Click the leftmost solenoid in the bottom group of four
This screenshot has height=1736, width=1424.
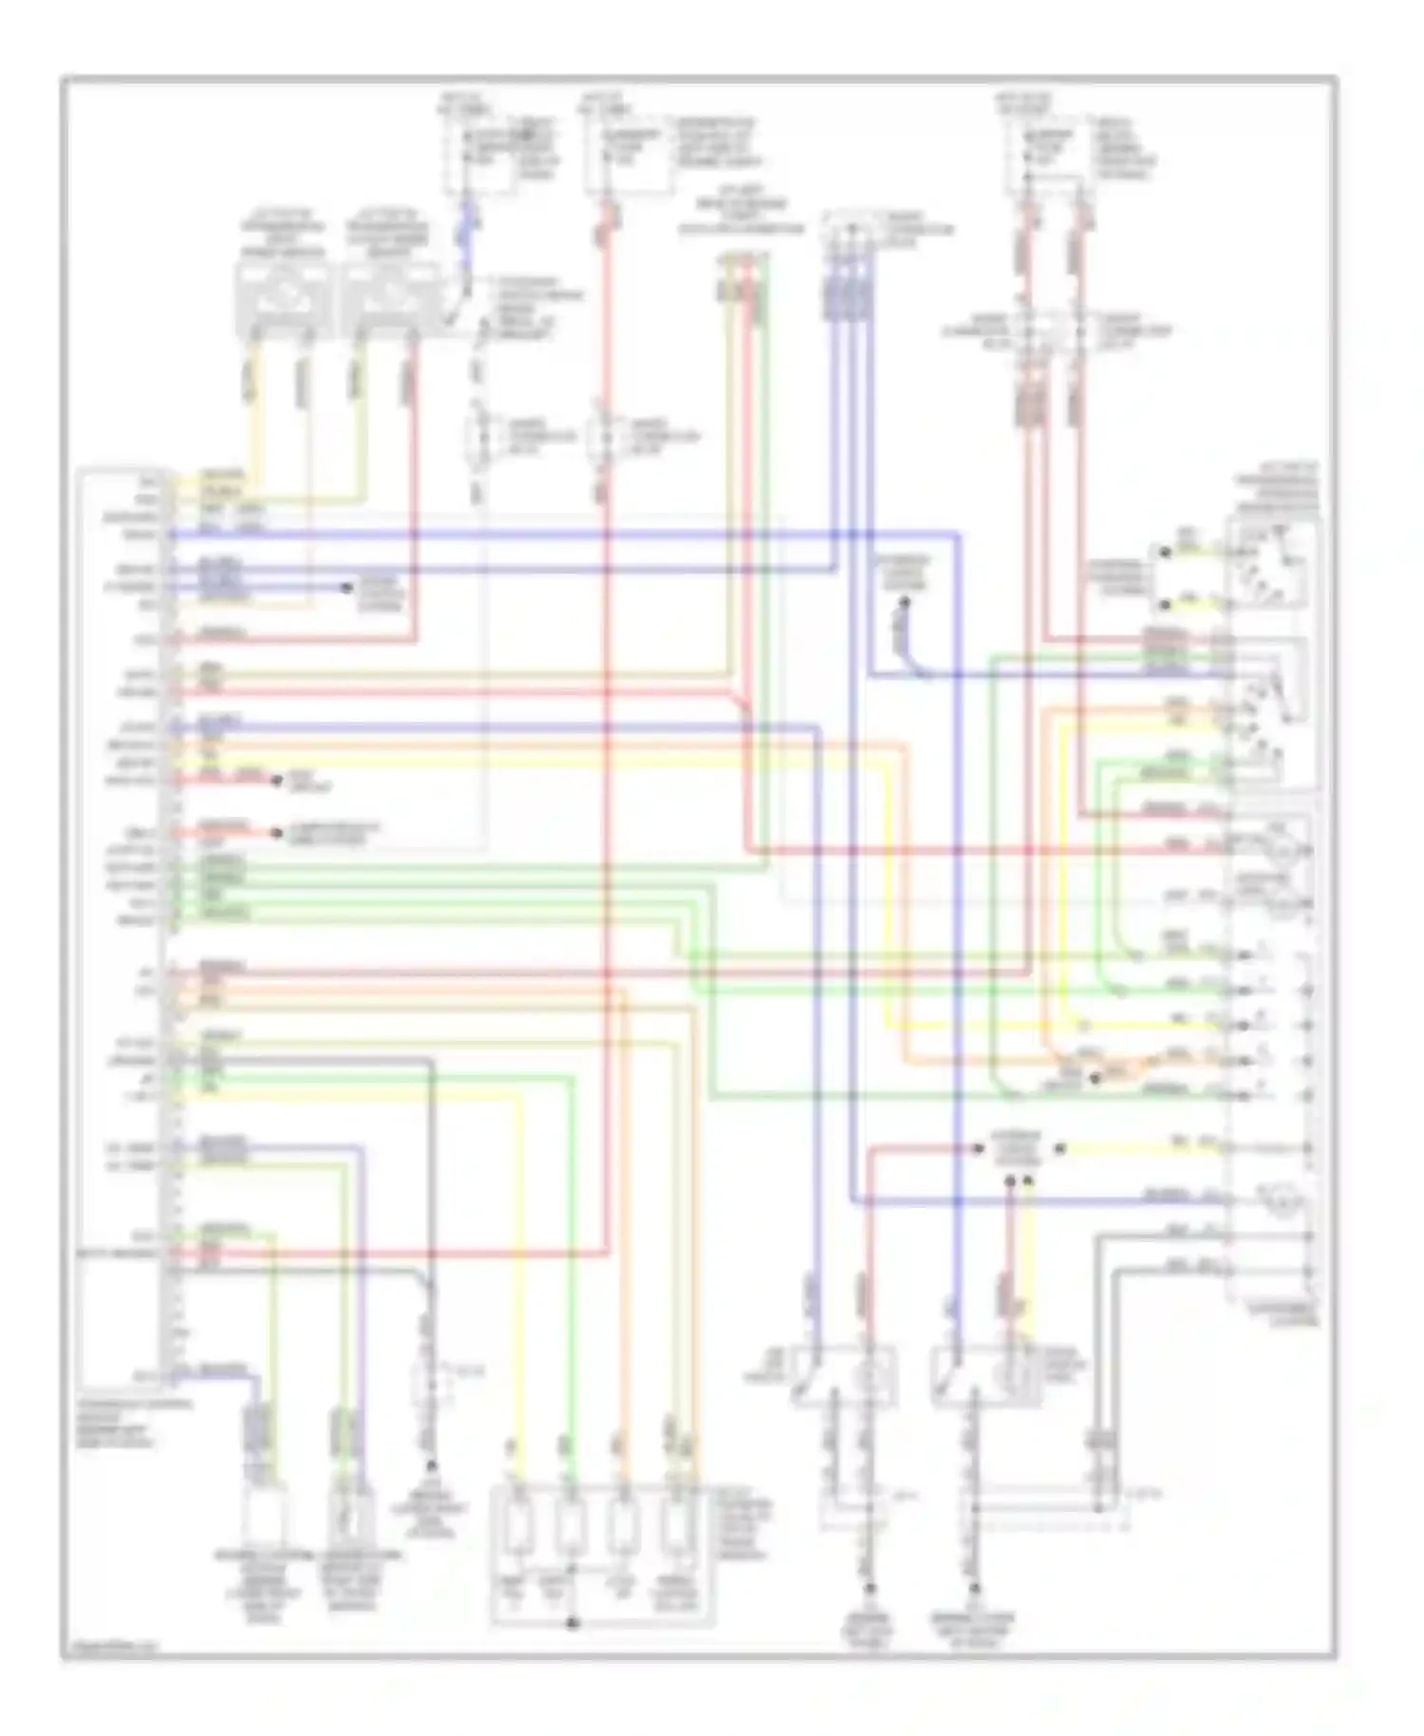click(516, 1528)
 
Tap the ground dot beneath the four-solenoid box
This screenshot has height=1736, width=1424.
click(571, 1623)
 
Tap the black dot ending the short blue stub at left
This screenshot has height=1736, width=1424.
click(347, 588)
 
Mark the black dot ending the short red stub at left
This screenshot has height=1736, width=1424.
click(277, 781)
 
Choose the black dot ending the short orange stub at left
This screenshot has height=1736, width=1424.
click(277, 833)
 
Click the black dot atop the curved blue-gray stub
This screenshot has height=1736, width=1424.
click(905, 602)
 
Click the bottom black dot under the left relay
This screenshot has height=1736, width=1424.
click(870, 1587)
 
